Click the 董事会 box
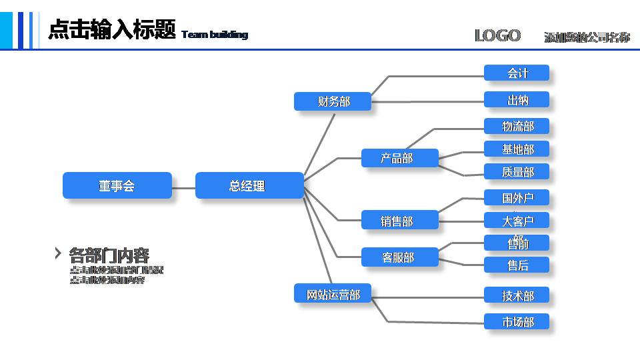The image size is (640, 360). point(117,185)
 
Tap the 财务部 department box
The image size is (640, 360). point(333,101)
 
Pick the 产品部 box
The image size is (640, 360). point(400,158)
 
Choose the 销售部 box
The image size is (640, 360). point(400,221)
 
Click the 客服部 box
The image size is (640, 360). point(400,257)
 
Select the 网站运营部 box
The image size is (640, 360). point(333,294)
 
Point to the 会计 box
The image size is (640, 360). point(517,73)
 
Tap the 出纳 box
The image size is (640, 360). point(517,100)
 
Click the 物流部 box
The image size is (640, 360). point(517,126)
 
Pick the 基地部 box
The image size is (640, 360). point(517,149)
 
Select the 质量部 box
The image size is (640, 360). point(517,171)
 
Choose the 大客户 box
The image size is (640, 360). point(517,221)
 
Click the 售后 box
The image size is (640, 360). point(517,265)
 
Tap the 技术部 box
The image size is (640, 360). point(517,295)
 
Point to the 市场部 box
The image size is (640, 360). point(517,321)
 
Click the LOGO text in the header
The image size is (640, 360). point(497,35)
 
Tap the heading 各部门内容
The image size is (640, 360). point(109,255)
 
